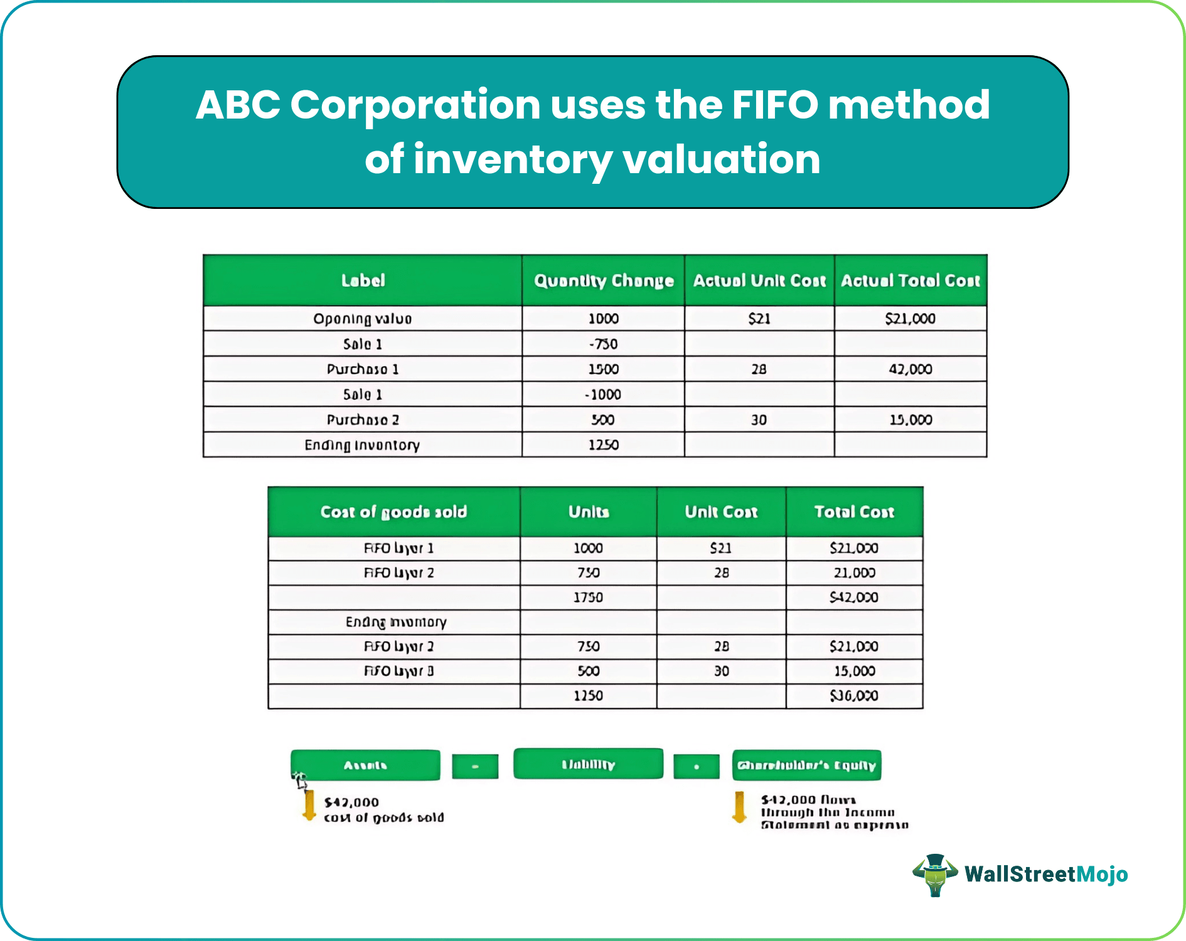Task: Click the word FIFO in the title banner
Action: point(774,104)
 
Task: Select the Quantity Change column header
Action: point(603,280)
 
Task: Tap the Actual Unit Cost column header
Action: point(759,280)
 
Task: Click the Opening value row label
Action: point(362,319)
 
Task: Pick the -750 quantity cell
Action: point(603,344)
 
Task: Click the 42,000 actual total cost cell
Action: point(910,369)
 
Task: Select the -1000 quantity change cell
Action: point(603,395)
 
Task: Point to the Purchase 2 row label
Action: point(362,420)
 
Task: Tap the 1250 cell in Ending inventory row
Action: point(603,445)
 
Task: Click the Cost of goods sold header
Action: point(393,512)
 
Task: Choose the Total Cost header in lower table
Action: point(854,512)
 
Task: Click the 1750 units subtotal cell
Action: point(588,597)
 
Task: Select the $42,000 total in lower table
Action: point(854,597)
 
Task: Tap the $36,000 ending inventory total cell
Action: point(854,696)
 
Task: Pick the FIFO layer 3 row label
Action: point(398,671)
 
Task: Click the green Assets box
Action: point(365,765)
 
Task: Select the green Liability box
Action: point(588,764)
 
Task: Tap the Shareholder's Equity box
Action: point(806,765)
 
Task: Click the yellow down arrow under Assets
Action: point(309,805)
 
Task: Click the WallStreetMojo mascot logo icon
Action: point(935,874)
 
